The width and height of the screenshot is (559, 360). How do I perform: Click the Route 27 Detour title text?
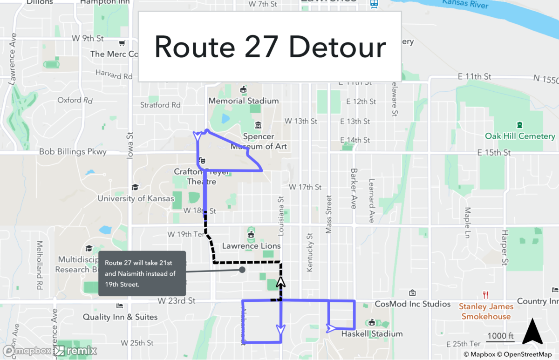point(270,47)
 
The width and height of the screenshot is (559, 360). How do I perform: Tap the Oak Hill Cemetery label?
point(520,136)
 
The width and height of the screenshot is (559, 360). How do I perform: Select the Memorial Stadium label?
point(243,101)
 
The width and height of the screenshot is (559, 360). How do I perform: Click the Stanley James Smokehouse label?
point(486,312)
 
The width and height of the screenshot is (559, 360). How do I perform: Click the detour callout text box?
point(142,273)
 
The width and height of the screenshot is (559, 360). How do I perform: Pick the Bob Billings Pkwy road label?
point(73,152)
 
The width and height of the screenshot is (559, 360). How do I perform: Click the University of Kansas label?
point(136,198)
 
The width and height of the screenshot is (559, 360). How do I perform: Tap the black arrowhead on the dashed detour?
point(281,282)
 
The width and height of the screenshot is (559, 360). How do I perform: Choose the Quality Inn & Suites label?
point(120,317)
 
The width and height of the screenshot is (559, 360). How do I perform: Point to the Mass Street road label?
point(329,201)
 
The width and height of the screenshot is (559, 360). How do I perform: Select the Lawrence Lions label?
point(252,245)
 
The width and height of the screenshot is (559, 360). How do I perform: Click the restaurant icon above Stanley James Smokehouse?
point(486,295)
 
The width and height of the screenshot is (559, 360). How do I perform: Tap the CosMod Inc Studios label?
point(413,304)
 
